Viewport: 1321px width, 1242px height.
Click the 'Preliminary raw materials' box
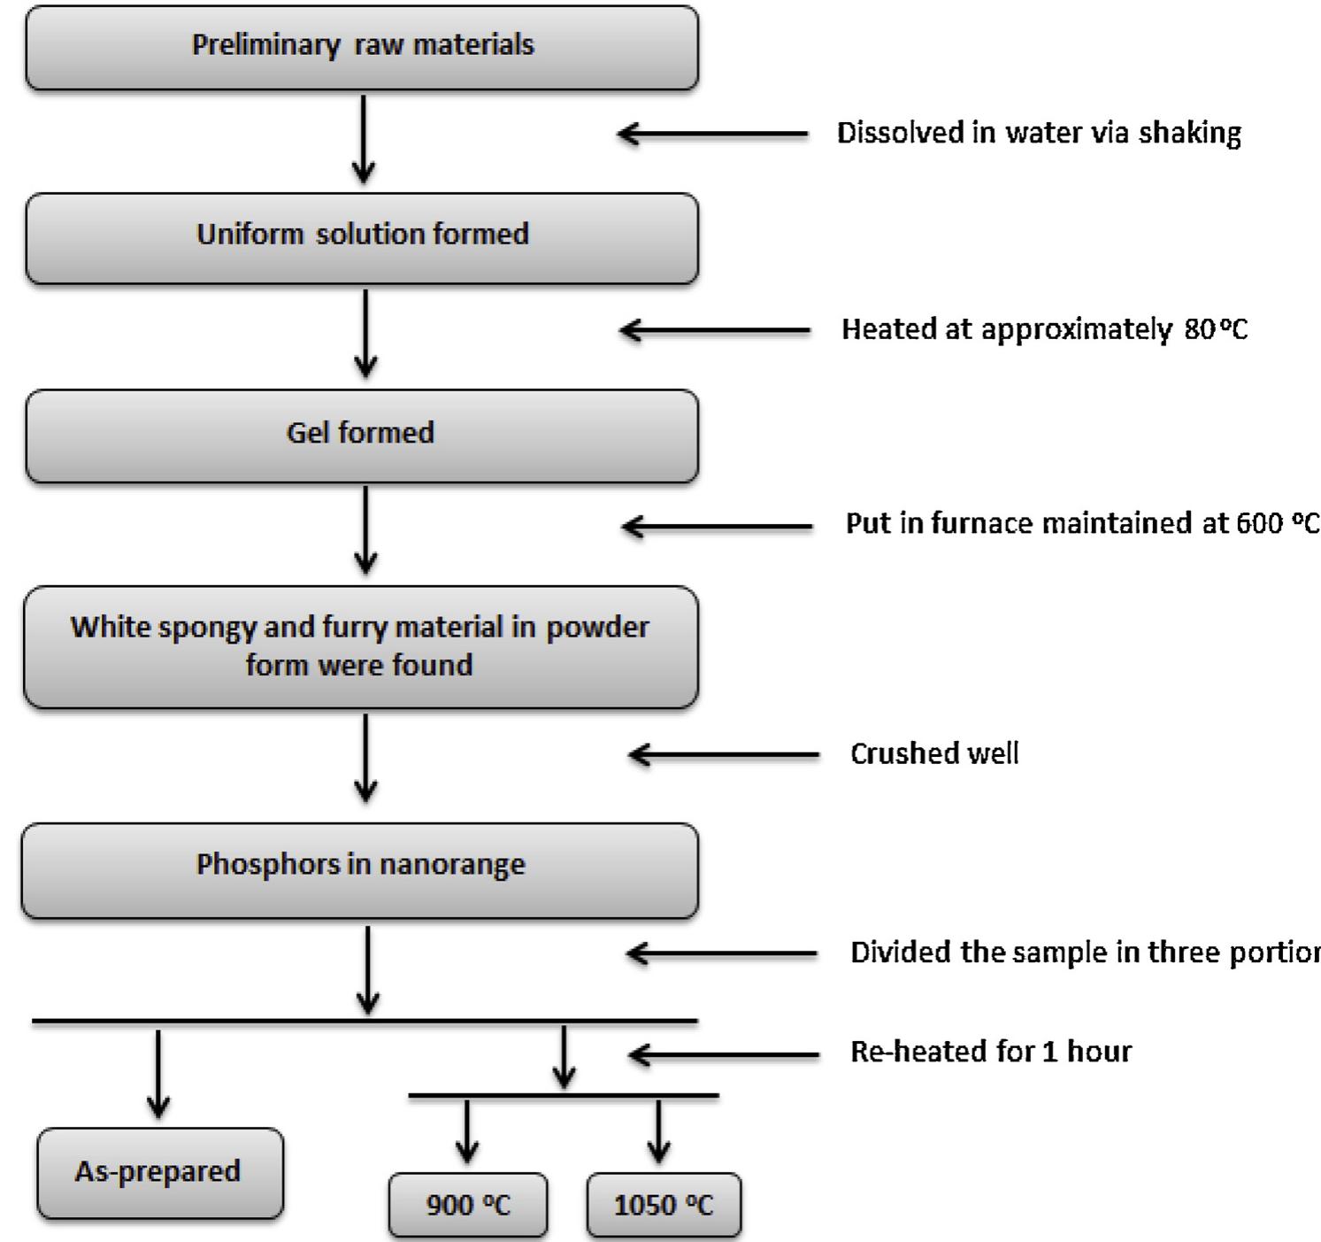pyautogui.click(x=362, y=47)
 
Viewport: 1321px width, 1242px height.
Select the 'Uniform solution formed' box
pyautogui.click(x=362, y=237)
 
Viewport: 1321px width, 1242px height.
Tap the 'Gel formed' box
pyautogui.click(x=362, y=435)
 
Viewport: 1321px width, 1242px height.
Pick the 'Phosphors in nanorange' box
pyautogui.click(x=360, y=868)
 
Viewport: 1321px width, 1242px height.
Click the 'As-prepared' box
pyautogui.click(x=160, y=1172)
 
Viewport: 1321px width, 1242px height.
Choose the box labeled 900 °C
pyautogui.click(x=467, y=1205)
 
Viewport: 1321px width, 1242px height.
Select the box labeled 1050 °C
pyautogui.click(x=664, y=1205)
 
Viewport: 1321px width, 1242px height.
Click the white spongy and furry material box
pyautogui.click(x=360, y=646)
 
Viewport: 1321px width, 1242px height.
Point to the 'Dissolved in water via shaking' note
pyautogui.click(x=1039, y=133)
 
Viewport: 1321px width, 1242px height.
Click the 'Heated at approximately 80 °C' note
pyautogui.click(x=1044, y=329)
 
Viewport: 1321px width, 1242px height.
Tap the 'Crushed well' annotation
pyautogui.click(x=934, y=753)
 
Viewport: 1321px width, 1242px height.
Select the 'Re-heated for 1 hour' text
pyautogui.click(x=991, y=1052)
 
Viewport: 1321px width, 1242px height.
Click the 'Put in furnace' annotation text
pyautogui.click(x=1081, y=523)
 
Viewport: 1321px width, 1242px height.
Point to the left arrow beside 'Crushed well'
pyautogui.click(x=724, y=755)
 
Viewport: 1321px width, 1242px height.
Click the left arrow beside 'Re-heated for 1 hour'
pyautogui.click(x=724, y=1054)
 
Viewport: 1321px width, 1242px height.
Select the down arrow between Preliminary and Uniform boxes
pyautogui.click(x=364, y=139)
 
